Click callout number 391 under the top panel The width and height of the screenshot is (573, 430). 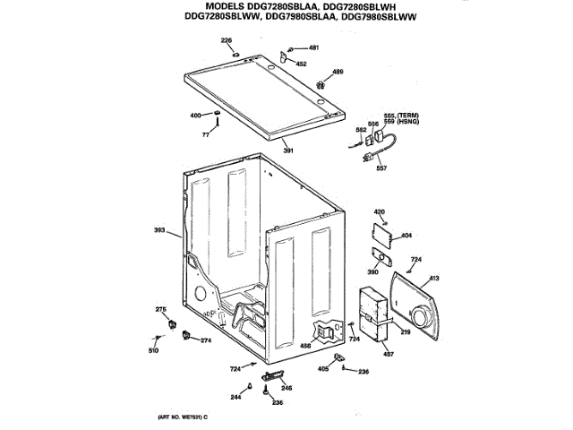click(287, 150)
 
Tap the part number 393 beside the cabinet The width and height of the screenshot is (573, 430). click(159, 232)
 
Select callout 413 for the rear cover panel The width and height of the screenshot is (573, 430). click(434, 279)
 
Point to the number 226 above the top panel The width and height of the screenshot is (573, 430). click(226, 40)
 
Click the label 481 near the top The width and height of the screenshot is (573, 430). click(313, 47)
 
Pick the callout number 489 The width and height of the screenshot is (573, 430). click(338, 71)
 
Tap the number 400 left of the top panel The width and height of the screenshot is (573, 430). click(195, 116)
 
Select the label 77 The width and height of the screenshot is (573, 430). click(205, 133)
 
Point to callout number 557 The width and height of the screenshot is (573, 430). click(381, 168)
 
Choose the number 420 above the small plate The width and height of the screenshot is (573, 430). click(379, 211)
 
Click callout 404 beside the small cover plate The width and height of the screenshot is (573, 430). click(406, 236)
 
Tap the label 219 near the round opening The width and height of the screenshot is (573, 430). click(405, 332)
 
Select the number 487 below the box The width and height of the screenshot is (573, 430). click(389, 353)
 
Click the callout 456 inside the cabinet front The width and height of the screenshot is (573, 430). click(305, 345)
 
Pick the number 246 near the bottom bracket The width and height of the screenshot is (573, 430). click(286, 387)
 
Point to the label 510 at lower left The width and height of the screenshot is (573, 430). click(152, 349)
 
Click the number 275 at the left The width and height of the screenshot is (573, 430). click(161, 309)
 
